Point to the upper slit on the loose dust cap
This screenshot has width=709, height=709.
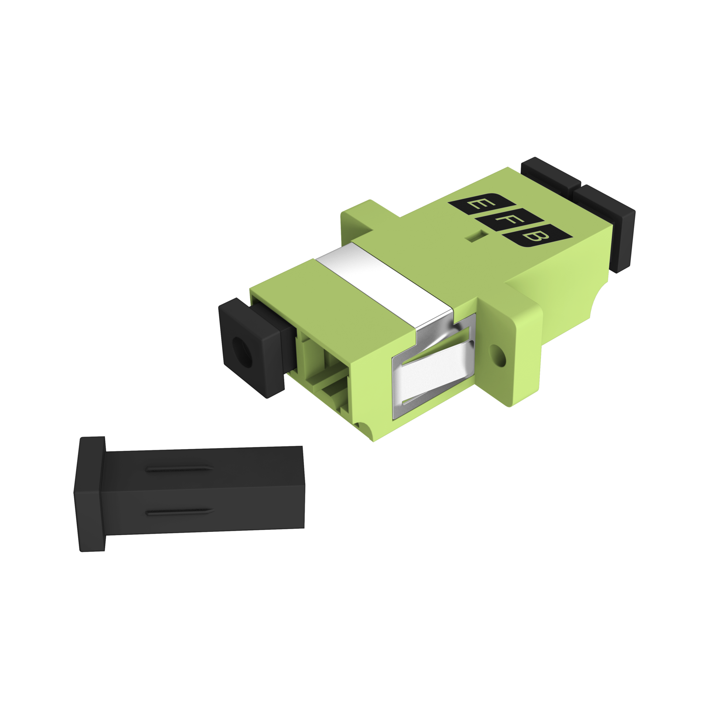click(x=179, y=469)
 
